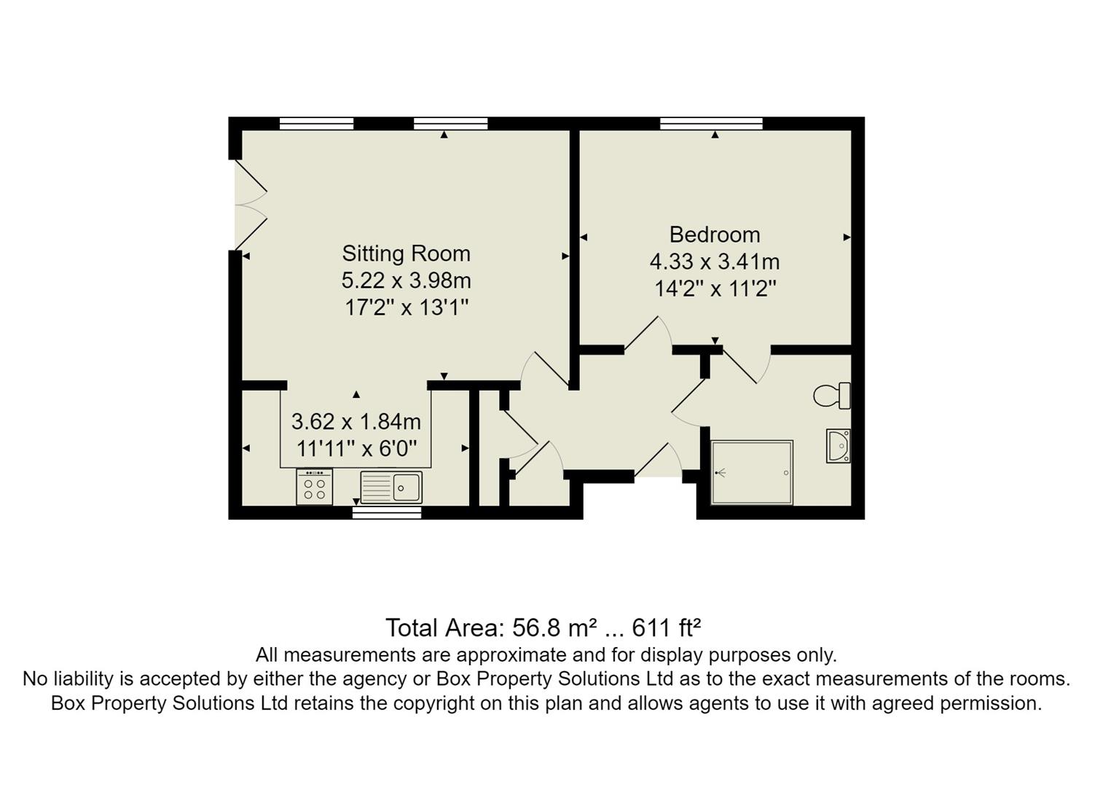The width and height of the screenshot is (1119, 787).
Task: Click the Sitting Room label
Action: point(406,254)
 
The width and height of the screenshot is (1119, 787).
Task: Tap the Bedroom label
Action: point(714,235)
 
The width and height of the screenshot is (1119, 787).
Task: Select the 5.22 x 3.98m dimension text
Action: point(406,281)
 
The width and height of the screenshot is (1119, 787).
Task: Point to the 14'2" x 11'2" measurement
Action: point(715,289)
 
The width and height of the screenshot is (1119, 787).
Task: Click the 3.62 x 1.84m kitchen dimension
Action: point(356,421)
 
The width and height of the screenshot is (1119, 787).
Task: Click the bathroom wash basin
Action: point(839,445)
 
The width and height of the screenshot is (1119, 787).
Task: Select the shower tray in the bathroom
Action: point(752,472)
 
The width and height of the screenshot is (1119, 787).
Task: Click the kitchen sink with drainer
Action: point(391,488)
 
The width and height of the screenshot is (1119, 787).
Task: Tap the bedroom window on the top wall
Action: point(711,123)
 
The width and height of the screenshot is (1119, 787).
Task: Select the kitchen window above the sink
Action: point(387,513)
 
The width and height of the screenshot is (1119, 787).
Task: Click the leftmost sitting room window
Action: point(316,123)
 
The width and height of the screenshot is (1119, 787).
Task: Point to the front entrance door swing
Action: point(659,461)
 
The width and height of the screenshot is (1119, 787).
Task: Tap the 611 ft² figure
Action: point(666,627)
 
